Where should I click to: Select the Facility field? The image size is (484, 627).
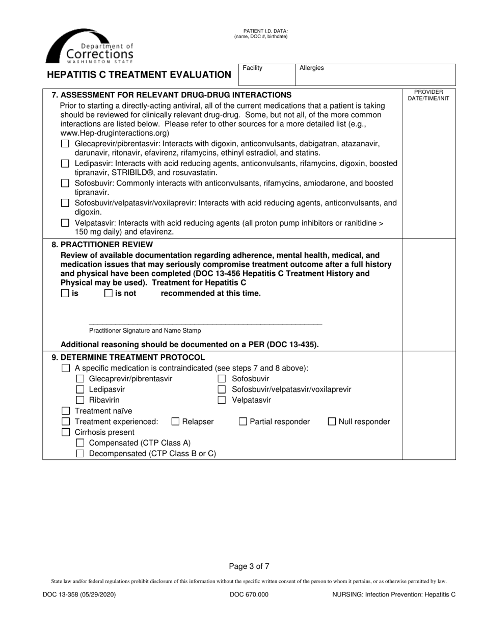[267, 74]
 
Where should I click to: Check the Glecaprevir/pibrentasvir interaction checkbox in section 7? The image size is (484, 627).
[65, 144]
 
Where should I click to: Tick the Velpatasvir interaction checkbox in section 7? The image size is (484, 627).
[65, 223]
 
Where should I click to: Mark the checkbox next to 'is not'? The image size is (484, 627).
[109, 294]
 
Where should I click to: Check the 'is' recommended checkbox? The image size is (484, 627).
[65, 294]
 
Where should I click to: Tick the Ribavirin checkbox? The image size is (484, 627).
[79, 400]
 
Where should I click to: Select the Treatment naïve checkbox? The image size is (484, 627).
[65, 411]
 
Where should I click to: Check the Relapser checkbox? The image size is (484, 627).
[175, 422]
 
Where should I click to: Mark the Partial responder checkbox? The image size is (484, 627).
[243, 422]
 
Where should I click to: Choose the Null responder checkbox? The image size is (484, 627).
[332, 422]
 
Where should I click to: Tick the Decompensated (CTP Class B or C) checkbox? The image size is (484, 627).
[79, 453]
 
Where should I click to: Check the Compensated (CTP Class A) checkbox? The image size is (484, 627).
[79, 442]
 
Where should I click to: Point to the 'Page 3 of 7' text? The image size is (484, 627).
[249, 566]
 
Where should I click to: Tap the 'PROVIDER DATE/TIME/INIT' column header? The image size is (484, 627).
[428, 95]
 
